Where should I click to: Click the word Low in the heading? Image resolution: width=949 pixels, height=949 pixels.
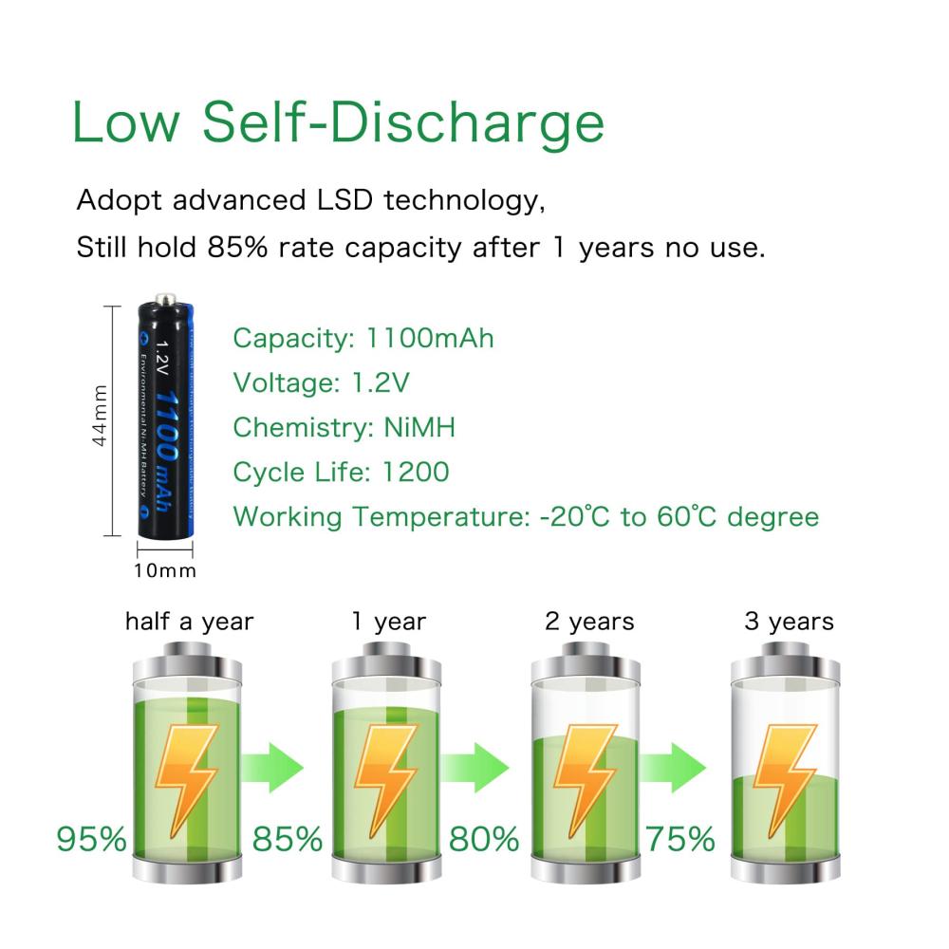click(x=131, y=121)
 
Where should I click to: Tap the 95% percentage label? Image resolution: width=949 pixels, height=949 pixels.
click(x=91, y=839)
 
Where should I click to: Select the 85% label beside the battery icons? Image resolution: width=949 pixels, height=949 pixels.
click(x=288, y=839)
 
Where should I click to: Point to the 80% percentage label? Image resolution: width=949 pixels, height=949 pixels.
click(x=484, y=839)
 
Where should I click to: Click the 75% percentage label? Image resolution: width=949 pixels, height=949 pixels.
click(x=680, y=839)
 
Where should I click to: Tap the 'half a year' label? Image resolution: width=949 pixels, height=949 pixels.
click(x=190, y=622)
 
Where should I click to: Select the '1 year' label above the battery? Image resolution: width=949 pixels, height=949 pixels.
click(x=388, y=622)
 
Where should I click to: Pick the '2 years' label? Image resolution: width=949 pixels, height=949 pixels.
click(x=589, y=622)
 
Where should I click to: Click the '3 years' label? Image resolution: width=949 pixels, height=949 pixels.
click(x=789, y=622)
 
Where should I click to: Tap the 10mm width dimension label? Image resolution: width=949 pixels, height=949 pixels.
click(x=165, y=570)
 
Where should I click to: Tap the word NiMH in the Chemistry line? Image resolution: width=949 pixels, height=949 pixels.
click(x=419, y=428)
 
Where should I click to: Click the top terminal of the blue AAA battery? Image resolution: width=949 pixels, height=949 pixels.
click(x=166, y=302)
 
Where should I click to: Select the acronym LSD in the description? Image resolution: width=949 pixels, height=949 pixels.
click(x=334, y=201)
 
